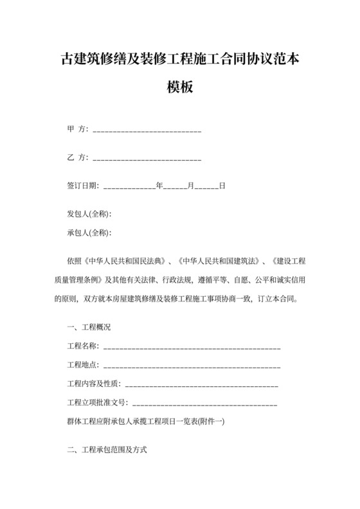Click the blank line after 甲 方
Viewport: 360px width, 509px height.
[x=147, y=130]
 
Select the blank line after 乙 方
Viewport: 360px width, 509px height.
[x=147, y=158]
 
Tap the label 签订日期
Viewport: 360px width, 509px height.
[x=82, y=186]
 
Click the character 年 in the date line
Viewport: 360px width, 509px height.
[x=159, y=186]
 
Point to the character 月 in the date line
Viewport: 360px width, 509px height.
[x=190, y=186]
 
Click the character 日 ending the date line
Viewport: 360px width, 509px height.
[x=222, y=186]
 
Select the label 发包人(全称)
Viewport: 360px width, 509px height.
[x=90, y=214]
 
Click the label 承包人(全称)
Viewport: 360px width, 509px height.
[x=90, y=233]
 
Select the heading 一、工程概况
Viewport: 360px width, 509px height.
[x=89, y=327]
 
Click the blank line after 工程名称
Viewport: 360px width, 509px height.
[x=192, y=347]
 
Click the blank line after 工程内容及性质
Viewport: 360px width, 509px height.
[x=201, y=385]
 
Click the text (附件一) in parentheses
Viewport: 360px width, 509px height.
[x=209, y=422]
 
